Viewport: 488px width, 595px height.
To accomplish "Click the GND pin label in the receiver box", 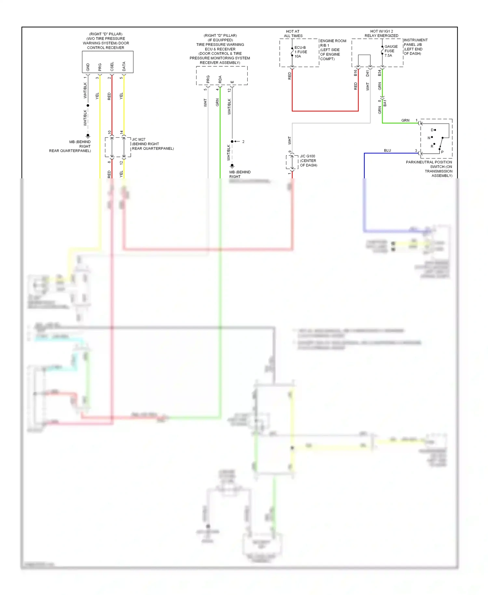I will click(x=88, y=67).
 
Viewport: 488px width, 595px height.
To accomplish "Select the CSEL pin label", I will click(x=112, y=67).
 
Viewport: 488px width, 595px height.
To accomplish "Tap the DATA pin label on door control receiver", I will click(x=124, y=67).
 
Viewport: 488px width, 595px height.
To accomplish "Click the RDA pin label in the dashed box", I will click(x=220, y=79).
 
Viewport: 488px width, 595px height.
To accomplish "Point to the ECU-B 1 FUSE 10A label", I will click(x=300, y=52).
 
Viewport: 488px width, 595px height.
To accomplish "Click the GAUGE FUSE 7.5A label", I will click(x=391, y=51).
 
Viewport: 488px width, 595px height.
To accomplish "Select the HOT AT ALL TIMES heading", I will click(x=293, y=34).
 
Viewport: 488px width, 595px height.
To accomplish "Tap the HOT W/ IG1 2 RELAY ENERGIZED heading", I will click(x=381, y=34).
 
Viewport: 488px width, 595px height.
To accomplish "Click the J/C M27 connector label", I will click(x=139, y=139).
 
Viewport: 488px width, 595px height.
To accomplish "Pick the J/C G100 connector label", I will click(x=307, y=156).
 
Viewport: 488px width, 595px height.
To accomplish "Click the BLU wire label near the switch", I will click(x=387, y=150).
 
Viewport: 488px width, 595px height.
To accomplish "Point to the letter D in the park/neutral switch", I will click(x=432, y=130).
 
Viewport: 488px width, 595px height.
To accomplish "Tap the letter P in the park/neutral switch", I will click(x=442, y=152).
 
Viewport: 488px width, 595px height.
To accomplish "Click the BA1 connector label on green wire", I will click(x=385, y=103).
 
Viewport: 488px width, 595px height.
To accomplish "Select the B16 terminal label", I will click(x=355, y=73).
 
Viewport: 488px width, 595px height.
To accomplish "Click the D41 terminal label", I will click(x=367, y=73).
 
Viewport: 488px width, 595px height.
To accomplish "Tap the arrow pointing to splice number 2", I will click(x=237, y=142).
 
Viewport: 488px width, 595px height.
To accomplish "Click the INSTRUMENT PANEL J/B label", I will click(x=415, y=42).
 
